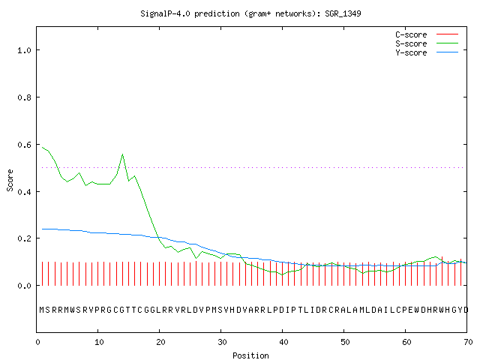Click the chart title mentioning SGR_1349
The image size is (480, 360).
(x=250, y=13)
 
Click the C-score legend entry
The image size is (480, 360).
(x=427, y=34)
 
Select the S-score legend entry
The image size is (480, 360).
(x=427, y=43)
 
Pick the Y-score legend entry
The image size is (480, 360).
(x=427, y=52)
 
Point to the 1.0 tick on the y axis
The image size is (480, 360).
(x=25, y=50)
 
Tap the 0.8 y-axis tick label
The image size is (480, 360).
(x=25, y=97)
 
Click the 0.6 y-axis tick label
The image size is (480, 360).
(x=25, y=145)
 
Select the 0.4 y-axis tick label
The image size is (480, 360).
(x=25, y=192)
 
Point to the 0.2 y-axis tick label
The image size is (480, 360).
(x=25, y=238)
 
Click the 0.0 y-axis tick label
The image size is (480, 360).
(x=25, y=286)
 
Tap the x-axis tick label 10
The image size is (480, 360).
(x=99, y=342)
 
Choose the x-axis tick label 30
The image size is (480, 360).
(x=222, y=342)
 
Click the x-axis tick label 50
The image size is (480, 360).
(x=345, y=342)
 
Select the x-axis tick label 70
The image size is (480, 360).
(x=468, y=342)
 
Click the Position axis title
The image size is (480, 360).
(x=250, y=355)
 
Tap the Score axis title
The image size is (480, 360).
(x=10, y=180)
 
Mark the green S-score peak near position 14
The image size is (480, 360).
(x=123, y=154)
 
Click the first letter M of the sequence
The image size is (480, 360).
(x=42, y=310)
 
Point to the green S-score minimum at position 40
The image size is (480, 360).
(x=283, y=274)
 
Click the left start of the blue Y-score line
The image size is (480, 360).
(x=42, y=229)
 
